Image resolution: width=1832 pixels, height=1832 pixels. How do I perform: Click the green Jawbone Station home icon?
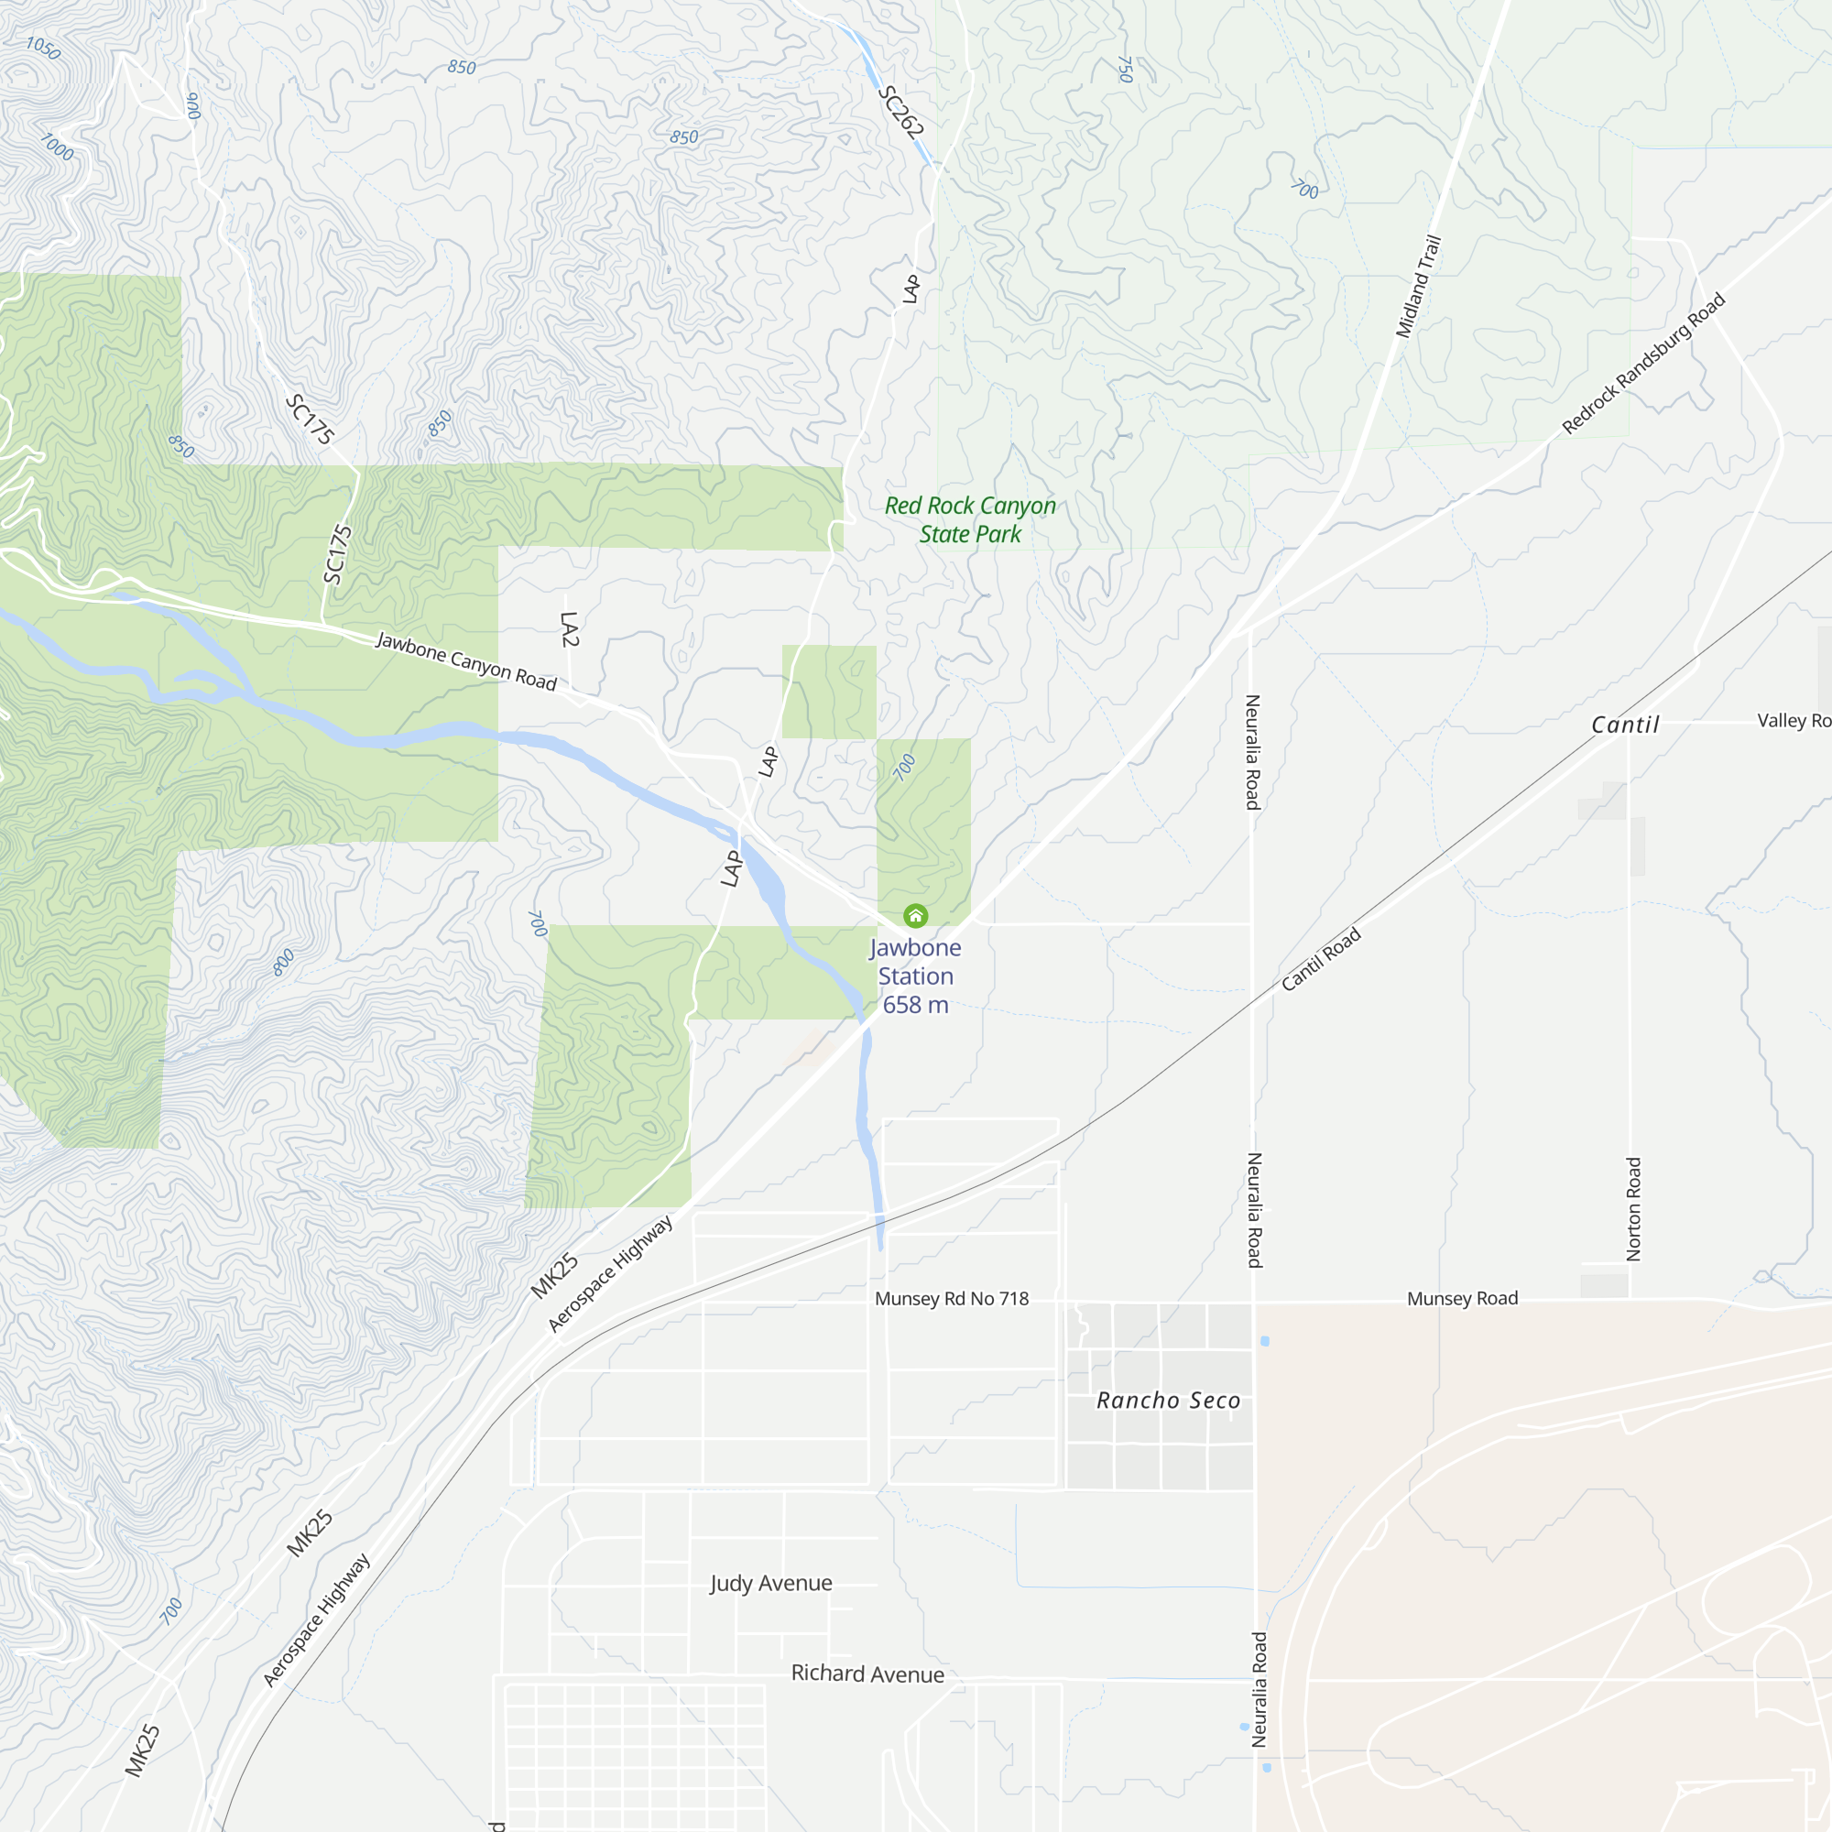[915, 915]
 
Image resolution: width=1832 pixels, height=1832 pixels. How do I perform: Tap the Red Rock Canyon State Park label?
[970, 519]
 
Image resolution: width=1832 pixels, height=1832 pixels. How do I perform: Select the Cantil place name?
[1624, 725]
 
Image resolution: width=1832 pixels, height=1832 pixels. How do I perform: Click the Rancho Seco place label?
[1168, 1401]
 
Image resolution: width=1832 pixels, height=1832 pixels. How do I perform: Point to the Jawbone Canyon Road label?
[465, 661]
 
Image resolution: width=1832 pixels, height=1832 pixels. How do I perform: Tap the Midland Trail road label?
[1419, 287]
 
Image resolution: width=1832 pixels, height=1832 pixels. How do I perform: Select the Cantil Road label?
[1321, 960]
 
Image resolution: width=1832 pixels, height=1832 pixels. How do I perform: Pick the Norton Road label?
[1634, 1209]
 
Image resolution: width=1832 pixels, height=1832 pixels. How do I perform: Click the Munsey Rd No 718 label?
[951, 1299]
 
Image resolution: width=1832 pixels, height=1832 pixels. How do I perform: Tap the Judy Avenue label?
[771, 1583]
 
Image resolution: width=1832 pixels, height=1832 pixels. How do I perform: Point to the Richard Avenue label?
[867, 1674]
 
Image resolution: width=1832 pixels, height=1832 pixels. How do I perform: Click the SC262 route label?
[900, 112]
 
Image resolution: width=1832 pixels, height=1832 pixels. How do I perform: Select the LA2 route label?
[569, 629]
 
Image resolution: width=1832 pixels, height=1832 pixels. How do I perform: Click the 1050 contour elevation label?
[43, 48]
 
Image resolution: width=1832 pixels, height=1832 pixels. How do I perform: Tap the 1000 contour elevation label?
[57, 147]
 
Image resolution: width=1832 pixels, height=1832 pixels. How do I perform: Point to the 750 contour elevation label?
[1125, 70]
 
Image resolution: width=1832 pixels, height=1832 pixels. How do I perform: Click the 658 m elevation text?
[915, 1005]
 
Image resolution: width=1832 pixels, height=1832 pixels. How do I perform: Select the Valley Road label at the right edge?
[1793, 721]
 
